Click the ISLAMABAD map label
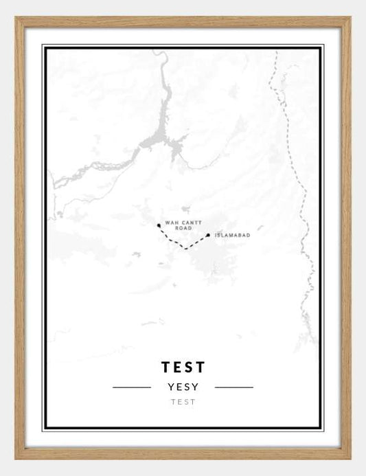point(233,236)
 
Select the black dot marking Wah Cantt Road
point(159,225)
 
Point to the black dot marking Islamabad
point(208,235)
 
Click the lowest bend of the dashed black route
point(185,248)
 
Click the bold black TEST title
point(183,367)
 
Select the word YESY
point(183,387)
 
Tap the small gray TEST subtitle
point(183,403)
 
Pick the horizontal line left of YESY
point(132,387)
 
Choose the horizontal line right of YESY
point(233,387)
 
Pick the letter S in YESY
point(187,387)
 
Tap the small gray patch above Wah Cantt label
point(185,208)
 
